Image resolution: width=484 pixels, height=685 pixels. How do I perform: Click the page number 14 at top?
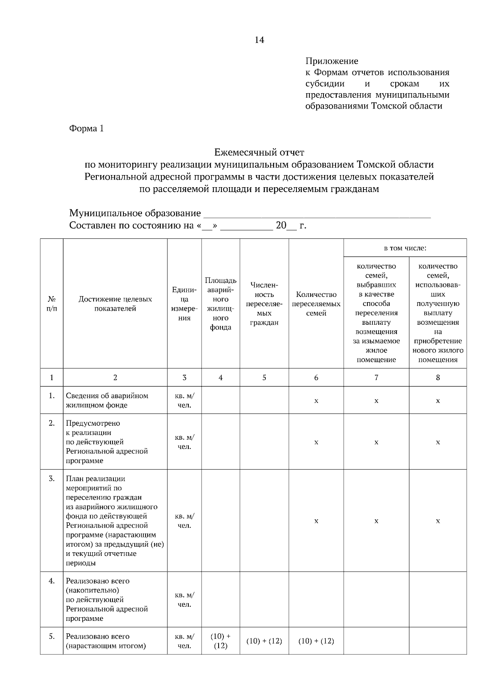coord(259,40)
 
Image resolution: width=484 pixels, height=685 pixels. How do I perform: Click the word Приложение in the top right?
coord(332,61)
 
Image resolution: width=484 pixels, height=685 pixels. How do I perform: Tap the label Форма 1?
coord(87,129)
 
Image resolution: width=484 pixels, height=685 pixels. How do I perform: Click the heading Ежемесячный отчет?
coord(259,152)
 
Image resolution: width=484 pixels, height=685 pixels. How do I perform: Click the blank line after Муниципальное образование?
coord(317,214)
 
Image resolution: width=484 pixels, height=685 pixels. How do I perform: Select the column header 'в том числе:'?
coord(405,248)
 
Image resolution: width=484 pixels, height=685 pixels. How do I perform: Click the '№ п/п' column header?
coord(52,304)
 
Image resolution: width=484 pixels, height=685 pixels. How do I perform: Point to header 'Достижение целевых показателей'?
coord(115,304)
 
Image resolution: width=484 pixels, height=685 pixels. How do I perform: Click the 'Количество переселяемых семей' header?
coord(316,304)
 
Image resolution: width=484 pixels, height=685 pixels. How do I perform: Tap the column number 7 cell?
coord(376,378)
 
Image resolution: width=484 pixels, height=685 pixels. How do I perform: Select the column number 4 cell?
coord(221,378)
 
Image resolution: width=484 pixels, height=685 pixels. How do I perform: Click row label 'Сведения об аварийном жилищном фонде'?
coord(107,400)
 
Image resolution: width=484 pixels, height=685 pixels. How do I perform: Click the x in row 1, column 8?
coord(438,401)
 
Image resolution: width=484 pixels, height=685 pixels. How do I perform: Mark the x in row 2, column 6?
coord(316,442)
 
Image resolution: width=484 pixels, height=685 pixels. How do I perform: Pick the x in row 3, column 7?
coord(376,521)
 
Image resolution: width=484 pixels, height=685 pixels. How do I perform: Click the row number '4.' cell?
coord(52,581)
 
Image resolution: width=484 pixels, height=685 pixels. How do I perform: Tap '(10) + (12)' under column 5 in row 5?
coord(264,641)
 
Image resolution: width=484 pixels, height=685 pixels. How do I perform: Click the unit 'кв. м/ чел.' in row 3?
coord(184,521)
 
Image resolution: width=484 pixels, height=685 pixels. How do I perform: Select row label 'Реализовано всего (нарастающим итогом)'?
coord(106,641)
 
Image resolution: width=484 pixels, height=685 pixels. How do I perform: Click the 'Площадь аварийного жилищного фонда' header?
coord(221,304)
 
